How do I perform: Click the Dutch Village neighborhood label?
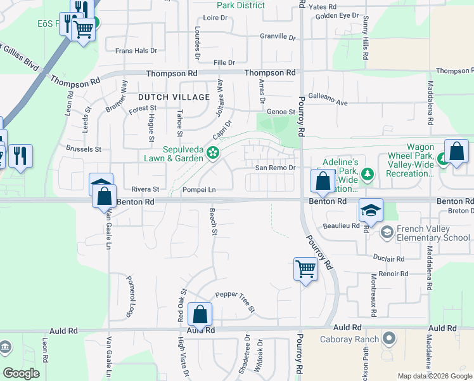174,97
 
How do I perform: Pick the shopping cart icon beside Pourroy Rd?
305,269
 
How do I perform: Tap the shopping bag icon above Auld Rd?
200,314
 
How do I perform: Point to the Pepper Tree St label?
234,302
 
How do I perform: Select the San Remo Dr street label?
276,168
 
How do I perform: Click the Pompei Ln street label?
199,189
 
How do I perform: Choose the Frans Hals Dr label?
136,50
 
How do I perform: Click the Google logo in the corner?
22,373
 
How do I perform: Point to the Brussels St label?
84,149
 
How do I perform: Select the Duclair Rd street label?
388,259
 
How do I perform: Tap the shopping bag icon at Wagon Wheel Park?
456,152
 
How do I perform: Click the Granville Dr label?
278,37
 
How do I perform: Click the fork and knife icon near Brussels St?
20,156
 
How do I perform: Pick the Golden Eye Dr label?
336,15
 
